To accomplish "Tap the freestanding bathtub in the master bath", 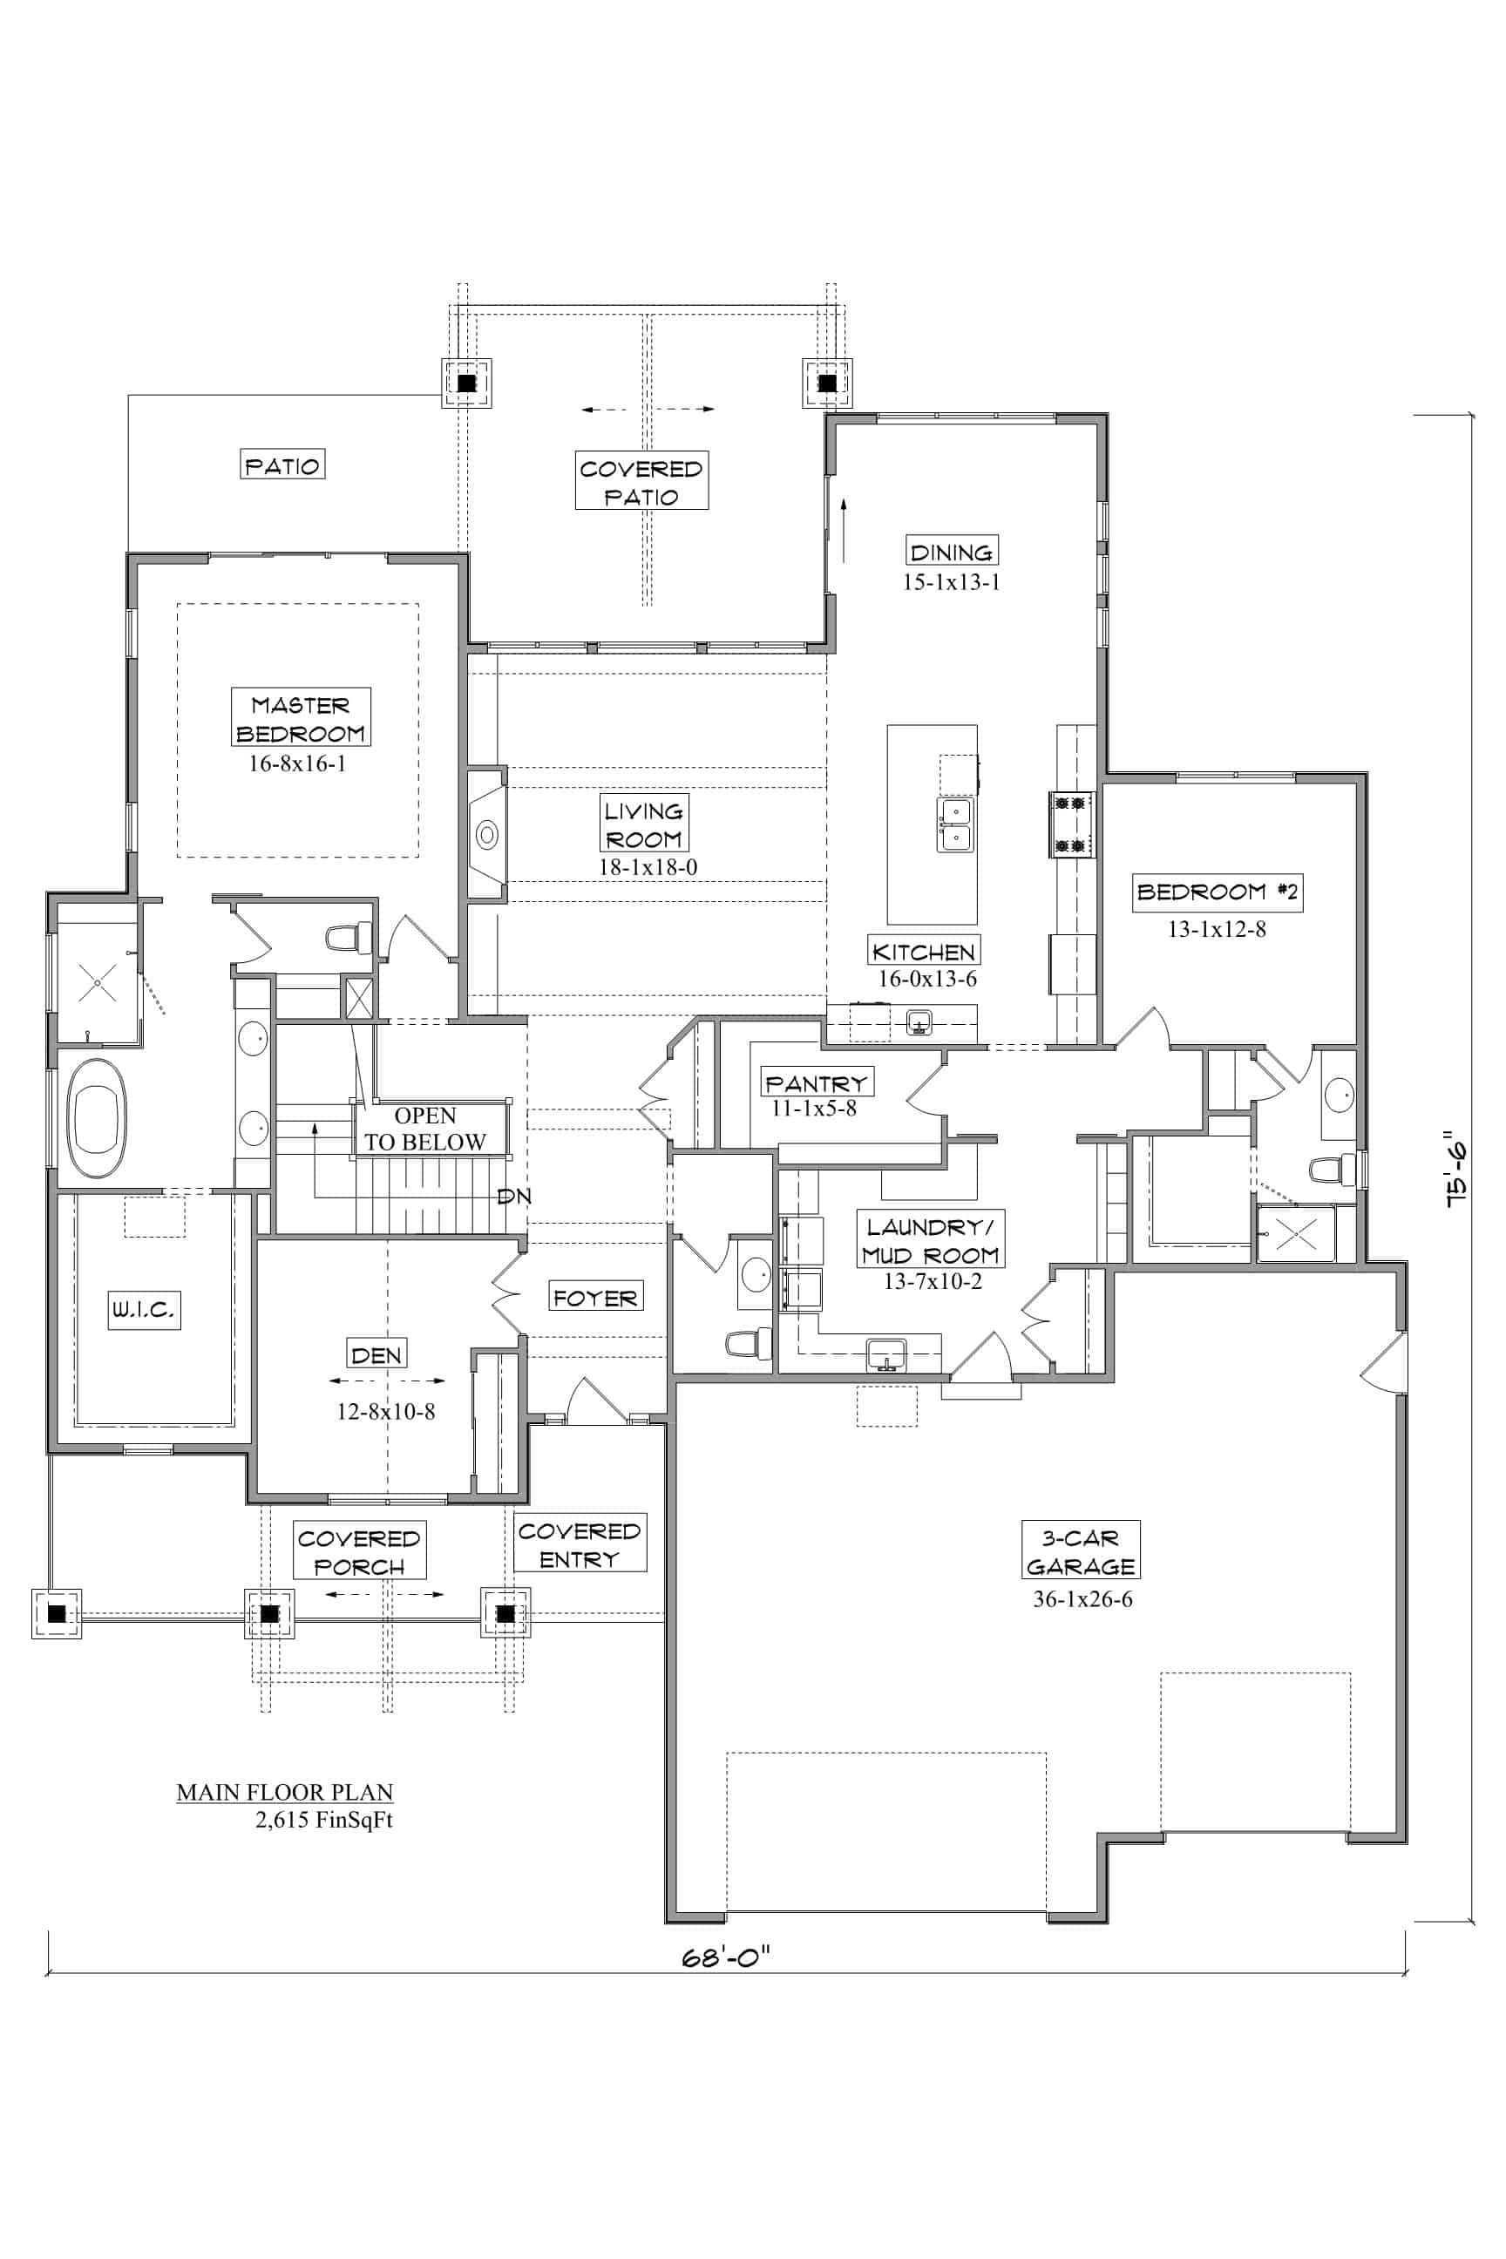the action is point(96,1119).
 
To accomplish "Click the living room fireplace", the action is point(487,835).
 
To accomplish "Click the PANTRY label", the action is point(816,1082).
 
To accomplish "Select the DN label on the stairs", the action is point(514,1197).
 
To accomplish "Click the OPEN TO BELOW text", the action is point(425,1129).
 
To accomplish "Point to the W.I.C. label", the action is point(144,1309).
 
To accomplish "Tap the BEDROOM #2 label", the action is point(1217,892).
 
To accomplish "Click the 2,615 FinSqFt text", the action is point(323,1820).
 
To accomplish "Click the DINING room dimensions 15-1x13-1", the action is point(951,582).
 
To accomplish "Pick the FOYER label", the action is point(595,1297).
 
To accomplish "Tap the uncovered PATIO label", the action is point(282,465).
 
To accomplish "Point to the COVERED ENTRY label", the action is point(580,1545).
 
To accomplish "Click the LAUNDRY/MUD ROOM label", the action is point(931,1241).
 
